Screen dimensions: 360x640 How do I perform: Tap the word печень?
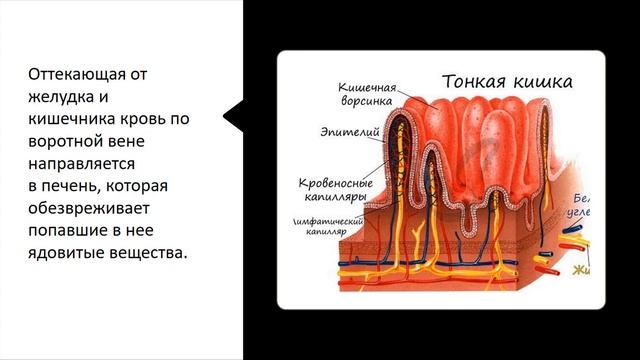click(72, 185)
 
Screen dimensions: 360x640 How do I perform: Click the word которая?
click(138, 185)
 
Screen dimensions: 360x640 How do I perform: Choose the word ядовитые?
click(66, 252)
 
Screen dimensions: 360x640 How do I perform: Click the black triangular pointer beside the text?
click(233, 117)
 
